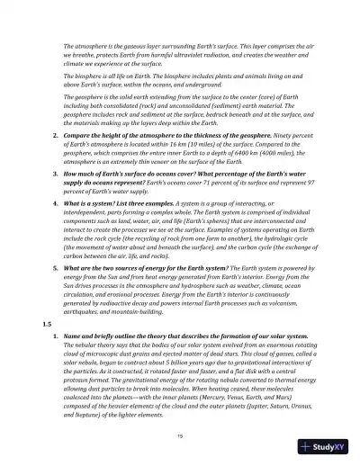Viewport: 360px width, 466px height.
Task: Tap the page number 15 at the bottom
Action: [x=180, y=433]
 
